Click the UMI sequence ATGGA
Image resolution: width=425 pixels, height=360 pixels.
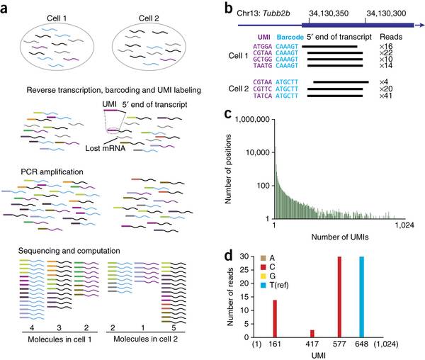click(261, 45)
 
